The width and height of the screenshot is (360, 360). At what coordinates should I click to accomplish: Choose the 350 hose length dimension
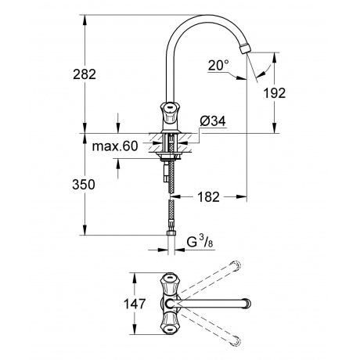coord(84,185)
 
